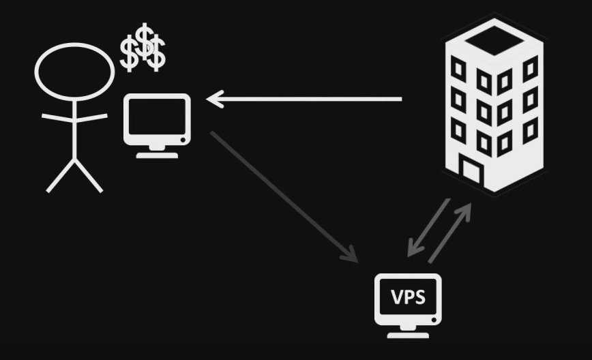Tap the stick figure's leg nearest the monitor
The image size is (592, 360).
(x=89, y=176)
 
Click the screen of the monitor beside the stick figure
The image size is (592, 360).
(x=157, y=118)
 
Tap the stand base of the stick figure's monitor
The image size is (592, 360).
(x=157, y=154)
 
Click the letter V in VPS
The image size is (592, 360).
(x=396, y=297)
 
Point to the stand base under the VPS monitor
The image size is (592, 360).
(x=408, y=334)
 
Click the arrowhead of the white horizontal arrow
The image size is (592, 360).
(x=213, y=100)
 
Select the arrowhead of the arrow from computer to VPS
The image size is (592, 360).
(x=352, y=256)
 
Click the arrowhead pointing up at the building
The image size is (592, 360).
(x=467, y=207)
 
